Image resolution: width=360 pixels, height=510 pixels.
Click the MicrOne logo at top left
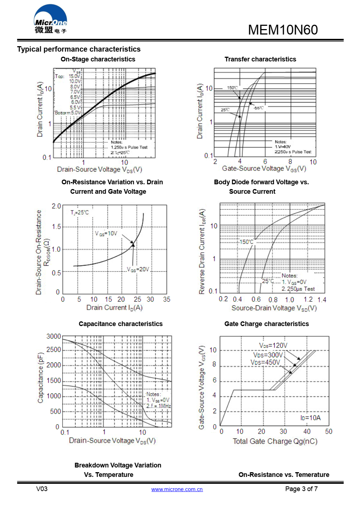coord(50,20)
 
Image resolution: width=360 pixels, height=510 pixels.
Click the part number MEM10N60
coord(283,30)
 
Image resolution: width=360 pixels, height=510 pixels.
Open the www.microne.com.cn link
coord(177,489)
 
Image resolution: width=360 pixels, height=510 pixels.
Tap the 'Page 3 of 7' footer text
coord(301,489)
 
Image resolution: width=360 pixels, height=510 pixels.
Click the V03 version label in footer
coord(42,489)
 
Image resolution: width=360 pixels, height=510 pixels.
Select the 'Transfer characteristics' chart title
coord(260,59)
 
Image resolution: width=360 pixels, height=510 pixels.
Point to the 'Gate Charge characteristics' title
coord(266,324)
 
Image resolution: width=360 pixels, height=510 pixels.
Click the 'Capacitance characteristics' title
coord(121,324)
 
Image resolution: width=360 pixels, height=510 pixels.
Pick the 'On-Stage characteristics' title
coord(98,59)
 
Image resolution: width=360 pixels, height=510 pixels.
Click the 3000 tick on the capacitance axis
coord(54,336)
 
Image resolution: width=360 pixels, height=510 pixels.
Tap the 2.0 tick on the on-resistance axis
coord(56,206)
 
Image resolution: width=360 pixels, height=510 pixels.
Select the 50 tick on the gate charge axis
coord(328,431)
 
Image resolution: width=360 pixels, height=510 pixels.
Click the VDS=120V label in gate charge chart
coord(273,345)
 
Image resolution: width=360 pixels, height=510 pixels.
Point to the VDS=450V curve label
coord(265,362)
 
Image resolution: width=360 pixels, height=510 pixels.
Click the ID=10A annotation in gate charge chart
coord(311,418)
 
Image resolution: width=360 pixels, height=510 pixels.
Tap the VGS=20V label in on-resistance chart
coord(138,269)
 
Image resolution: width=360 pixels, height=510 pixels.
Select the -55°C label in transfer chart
coord(259,108)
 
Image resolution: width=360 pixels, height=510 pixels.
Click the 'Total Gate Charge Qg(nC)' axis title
coord(275,441)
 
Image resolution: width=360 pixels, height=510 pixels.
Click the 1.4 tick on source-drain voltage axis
coord(321,300)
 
